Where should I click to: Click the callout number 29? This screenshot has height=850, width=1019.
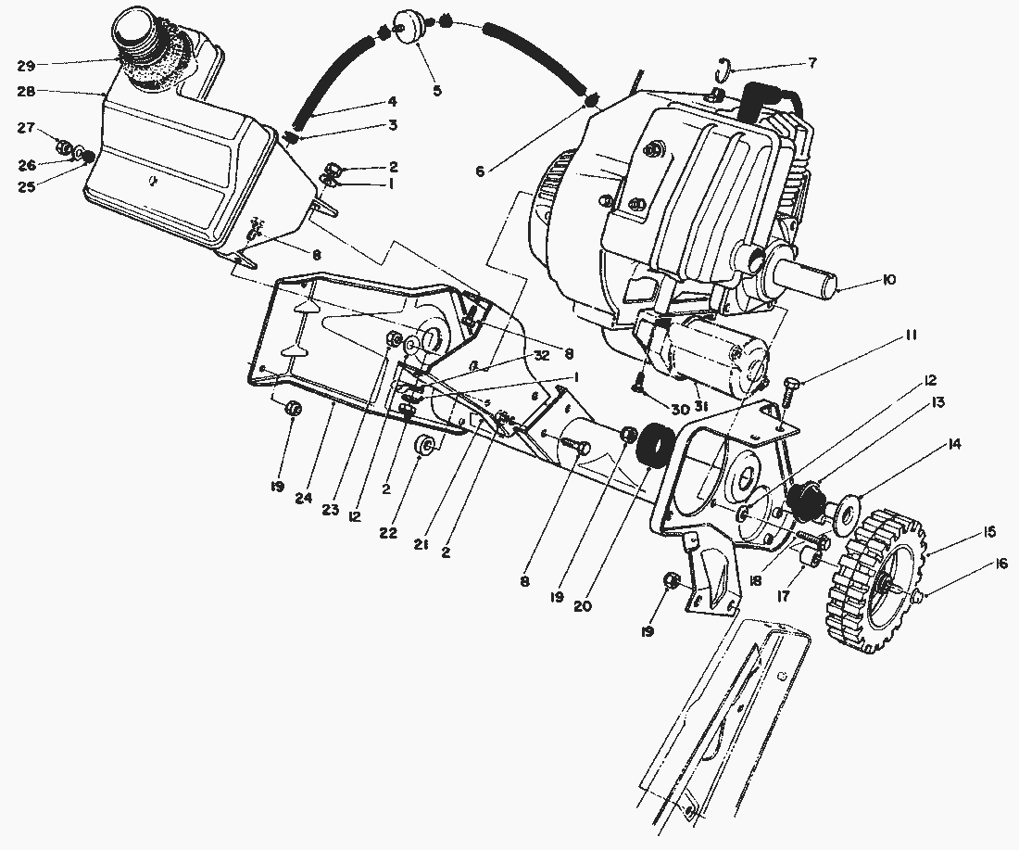26,66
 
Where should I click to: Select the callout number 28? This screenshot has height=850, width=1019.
26,93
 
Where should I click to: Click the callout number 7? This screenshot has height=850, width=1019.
812,62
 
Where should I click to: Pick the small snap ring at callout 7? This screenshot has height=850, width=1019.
727,68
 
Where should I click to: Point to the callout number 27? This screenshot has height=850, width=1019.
26,128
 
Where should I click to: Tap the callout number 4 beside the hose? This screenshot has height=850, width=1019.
392,101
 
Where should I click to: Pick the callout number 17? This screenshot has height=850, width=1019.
784,597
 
